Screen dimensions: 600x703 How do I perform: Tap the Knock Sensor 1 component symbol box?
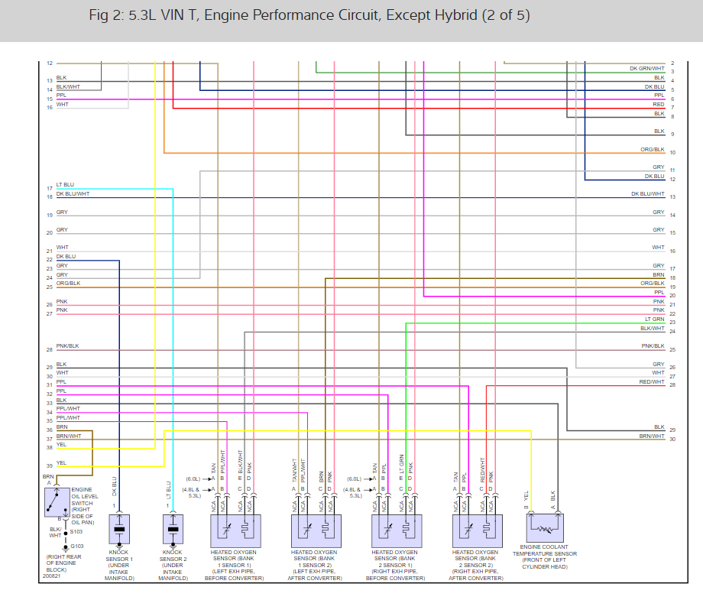click(x=119, y=529)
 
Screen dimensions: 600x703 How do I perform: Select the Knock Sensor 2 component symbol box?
click(x=173, y=529)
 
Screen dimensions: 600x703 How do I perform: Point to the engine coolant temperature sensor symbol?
click(x=545, y=527)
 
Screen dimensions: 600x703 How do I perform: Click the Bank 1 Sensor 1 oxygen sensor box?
click(x=235, y=529)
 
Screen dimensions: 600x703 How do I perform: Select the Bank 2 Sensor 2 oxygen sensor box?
click(x=478, y=529)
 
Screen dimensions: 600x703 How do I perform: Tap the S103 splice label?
click(x=76, y=531)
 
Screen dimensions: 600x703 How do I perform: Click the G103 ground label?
click(x=76, y=546)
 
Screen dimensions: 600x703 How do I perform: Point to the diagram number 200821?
click(x=51, y=575)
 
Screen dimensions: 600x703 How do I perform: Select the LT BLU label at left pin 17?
click(x=65, y=185)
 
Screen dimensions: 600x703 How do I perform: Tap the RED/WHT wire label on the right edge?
click(x=652, y=381)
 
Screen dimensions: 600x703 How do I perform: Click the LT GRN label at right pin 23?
click(x=654, y=319)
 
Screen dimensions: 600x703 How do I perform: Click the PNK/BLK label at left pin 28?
click(x=67, y=346)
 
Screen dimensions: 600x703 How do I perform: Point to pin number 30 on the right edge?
click(x=672, y=439)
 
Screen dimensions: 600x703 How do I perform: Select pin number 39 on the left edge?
click(x=49, y=465)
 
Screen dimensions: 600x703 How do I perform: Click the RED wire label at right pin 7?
click(x=658, y=104)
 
